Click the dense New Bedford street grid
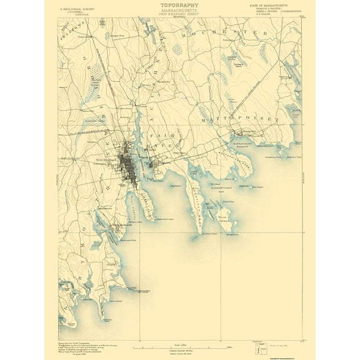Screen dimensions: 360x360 pyautogui.click(x=130, y=164)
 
